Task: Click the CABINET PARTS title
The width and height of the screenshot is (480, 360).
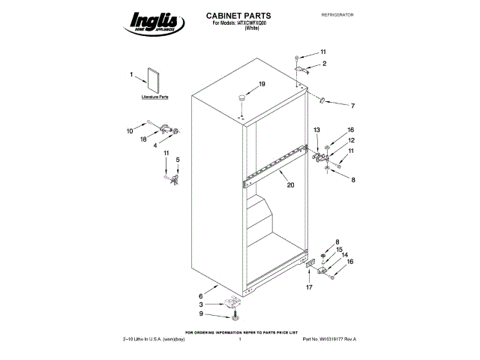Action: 238,15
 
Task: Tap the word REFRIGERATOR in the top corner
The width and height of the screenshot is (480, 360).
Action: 337,15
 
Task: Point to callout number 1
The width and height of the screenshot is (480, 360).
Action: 131,74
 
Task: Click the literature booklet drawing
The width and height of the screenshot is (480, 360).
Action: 155,81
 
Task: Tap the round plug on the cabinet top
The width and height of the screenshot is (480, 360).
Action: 243,97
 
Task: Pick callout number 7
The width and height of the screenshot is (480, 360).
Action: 352,105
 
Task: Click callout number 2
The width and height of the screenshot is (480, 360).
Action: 324,64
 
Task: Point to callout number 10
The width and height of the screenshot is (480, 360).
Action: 129,130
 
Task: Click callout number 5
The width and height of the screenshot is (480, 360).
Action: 178,160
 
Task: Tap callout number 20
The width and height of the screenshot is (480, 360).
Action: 290,184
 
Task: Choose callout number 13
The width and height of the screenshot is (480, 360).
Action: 316,130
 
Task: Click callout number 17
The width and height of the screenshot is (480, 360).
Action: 307,287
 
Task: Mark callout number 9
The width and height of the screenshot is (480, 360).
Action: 201,313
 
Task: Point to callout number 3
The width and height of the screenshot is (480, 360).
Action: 201,304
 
